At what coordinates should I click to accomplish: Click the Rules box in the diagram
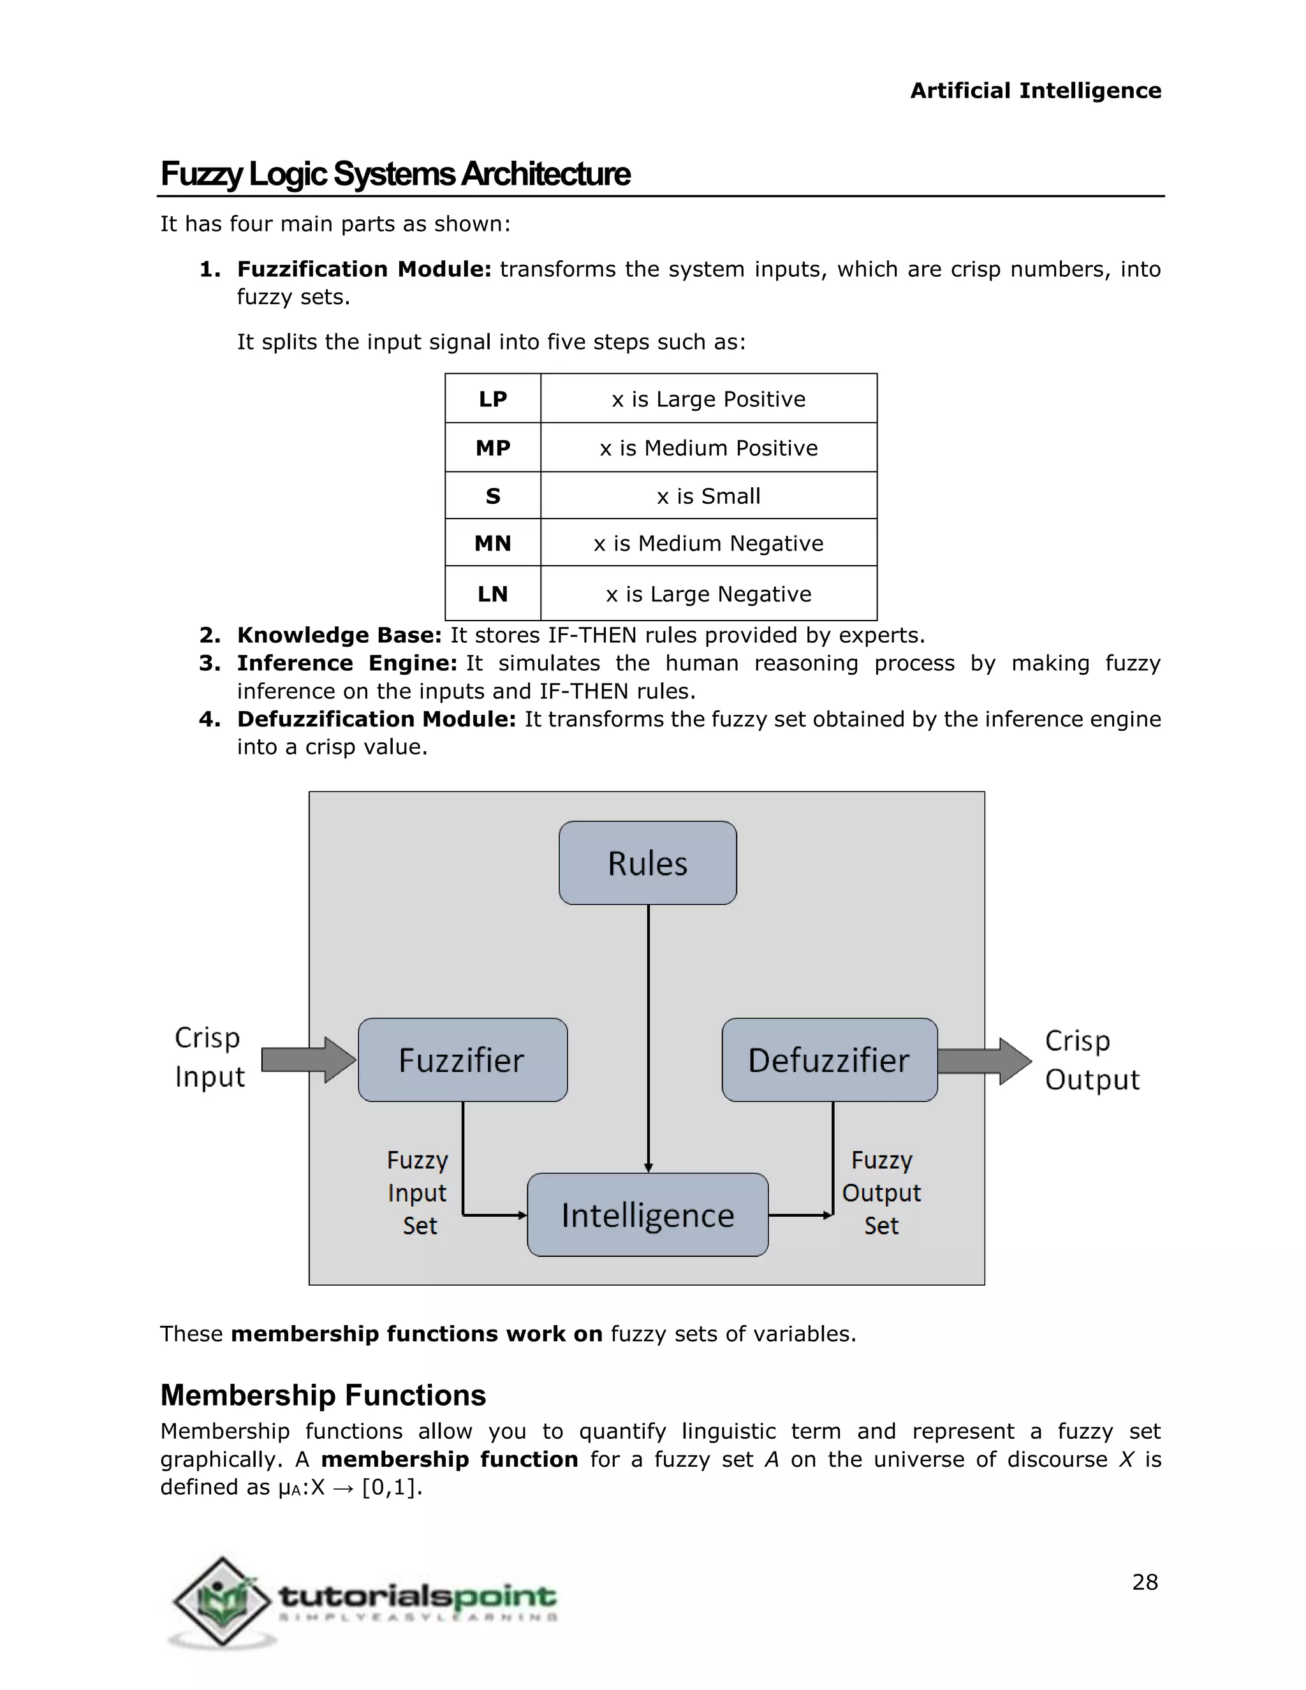[648, 863]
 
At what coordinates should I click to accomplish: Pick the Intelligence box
[648, 1215]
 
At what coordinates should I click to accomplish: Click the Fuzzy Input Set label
[418, 1193]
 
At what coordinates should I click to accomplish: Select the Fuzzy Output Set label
[881, 1193]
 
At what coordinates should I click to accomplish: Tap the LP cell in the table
[493, 399]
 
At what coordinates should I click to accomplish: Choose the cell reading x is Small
[708, 496]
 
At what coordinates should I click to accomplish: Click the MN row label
[493, 543]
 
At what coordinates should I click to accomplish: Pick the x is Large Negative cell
[708, 594]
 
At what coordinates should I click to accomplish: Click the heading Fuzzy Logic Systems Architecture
[395, 174]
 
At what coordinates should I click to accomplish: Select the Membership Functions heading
[323, 1395]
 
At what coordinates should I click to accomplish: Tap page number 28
[1144, 1582]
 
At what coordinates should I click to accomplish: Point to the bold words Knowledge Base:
[339, 635]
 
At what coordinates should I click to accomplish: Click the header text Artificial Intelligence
[1035, 91]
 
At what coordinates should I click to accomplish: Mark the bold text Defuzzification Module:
[376, 719]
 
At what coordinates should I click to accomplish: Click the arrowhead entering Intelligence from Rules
[649, 1167]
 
